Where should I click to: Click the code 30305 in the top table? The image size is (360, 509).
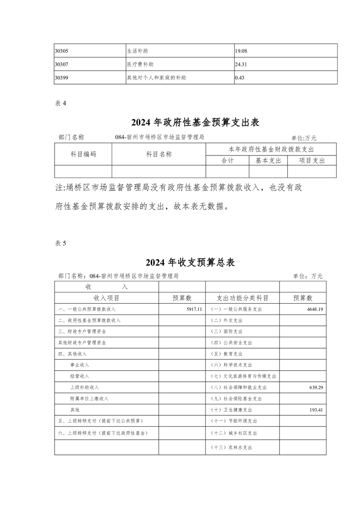pyautogui.click(x=63, y=50)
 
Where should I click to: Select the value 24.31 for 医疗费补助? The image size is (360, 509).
pyautogui.click(x=242, y=64)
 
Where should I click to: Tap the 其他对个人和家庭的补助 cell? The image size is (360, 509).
pyautogui.click(x=157, y=77)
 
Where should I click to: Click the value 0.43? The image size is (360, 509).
pyautogui.click(x=240, y=77)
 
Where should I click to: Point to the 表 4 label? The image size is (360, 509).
pyautogui.click(x=60, y=103)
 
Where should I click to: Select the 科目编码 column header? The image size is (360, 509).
pyautogui.click(x=83, y=154)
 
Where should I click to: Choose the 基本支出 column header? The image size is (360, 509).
pyautogui.click(x=268, y=161)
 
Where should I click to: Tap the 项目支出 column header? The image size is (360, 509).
pyautogui.click(x=312, y=161)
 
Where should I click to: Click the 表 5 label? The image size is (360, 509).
pyautogui.click(x=60, y=243)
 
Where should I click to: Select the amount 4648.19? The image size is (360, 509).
pyautogui.click(x=315, y=309)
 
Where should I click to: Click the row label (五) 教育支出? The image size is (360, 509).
pyautogui.click(x=227, y=354)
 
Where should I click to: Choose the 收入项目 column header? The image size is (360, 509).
pyautogui.click(x=106, y=298)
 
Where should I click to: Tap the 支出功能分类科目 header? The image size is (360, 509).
pyautogui.click(x=242, y=298)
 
